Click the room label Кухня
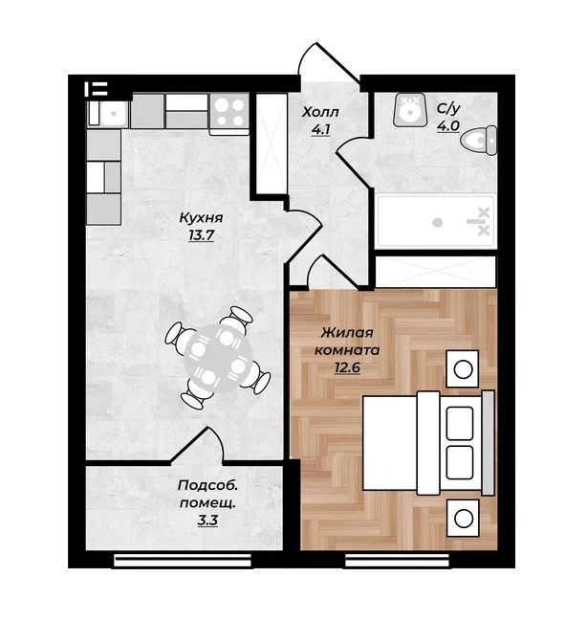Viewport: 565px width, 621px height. click(201, 218)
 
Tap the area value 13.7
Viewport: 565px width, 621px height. click(201, 235)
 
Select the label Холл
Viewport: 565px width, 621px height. click(320, 113)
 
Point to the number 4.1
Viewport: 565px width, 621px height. click(320, 129)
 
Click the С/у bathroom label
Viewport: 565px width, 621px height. click(448, 108)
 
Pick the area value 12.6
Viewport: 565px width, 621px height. click(347, 368)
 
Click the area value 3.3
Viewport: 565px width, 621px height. click(207, 520)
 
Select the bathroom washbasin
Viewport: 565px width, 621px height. click(409, 110)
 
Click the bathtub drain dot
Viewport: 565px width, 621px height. click(437, 222)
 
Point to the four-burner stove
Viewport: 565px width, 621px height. click(229, 112)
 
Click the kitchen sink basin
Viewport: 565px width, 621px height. click(113, 113)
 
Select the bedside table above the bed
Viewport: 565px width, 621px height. click(463, 369)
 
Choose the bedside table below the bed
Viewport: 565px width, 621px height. click(463, 518)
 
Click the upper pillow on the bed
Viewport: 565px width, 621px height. click(460, 423)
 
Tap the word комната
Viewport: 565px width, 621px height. click(347, 350)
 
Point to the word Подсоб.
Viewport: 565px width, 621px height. click(207, 485)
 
